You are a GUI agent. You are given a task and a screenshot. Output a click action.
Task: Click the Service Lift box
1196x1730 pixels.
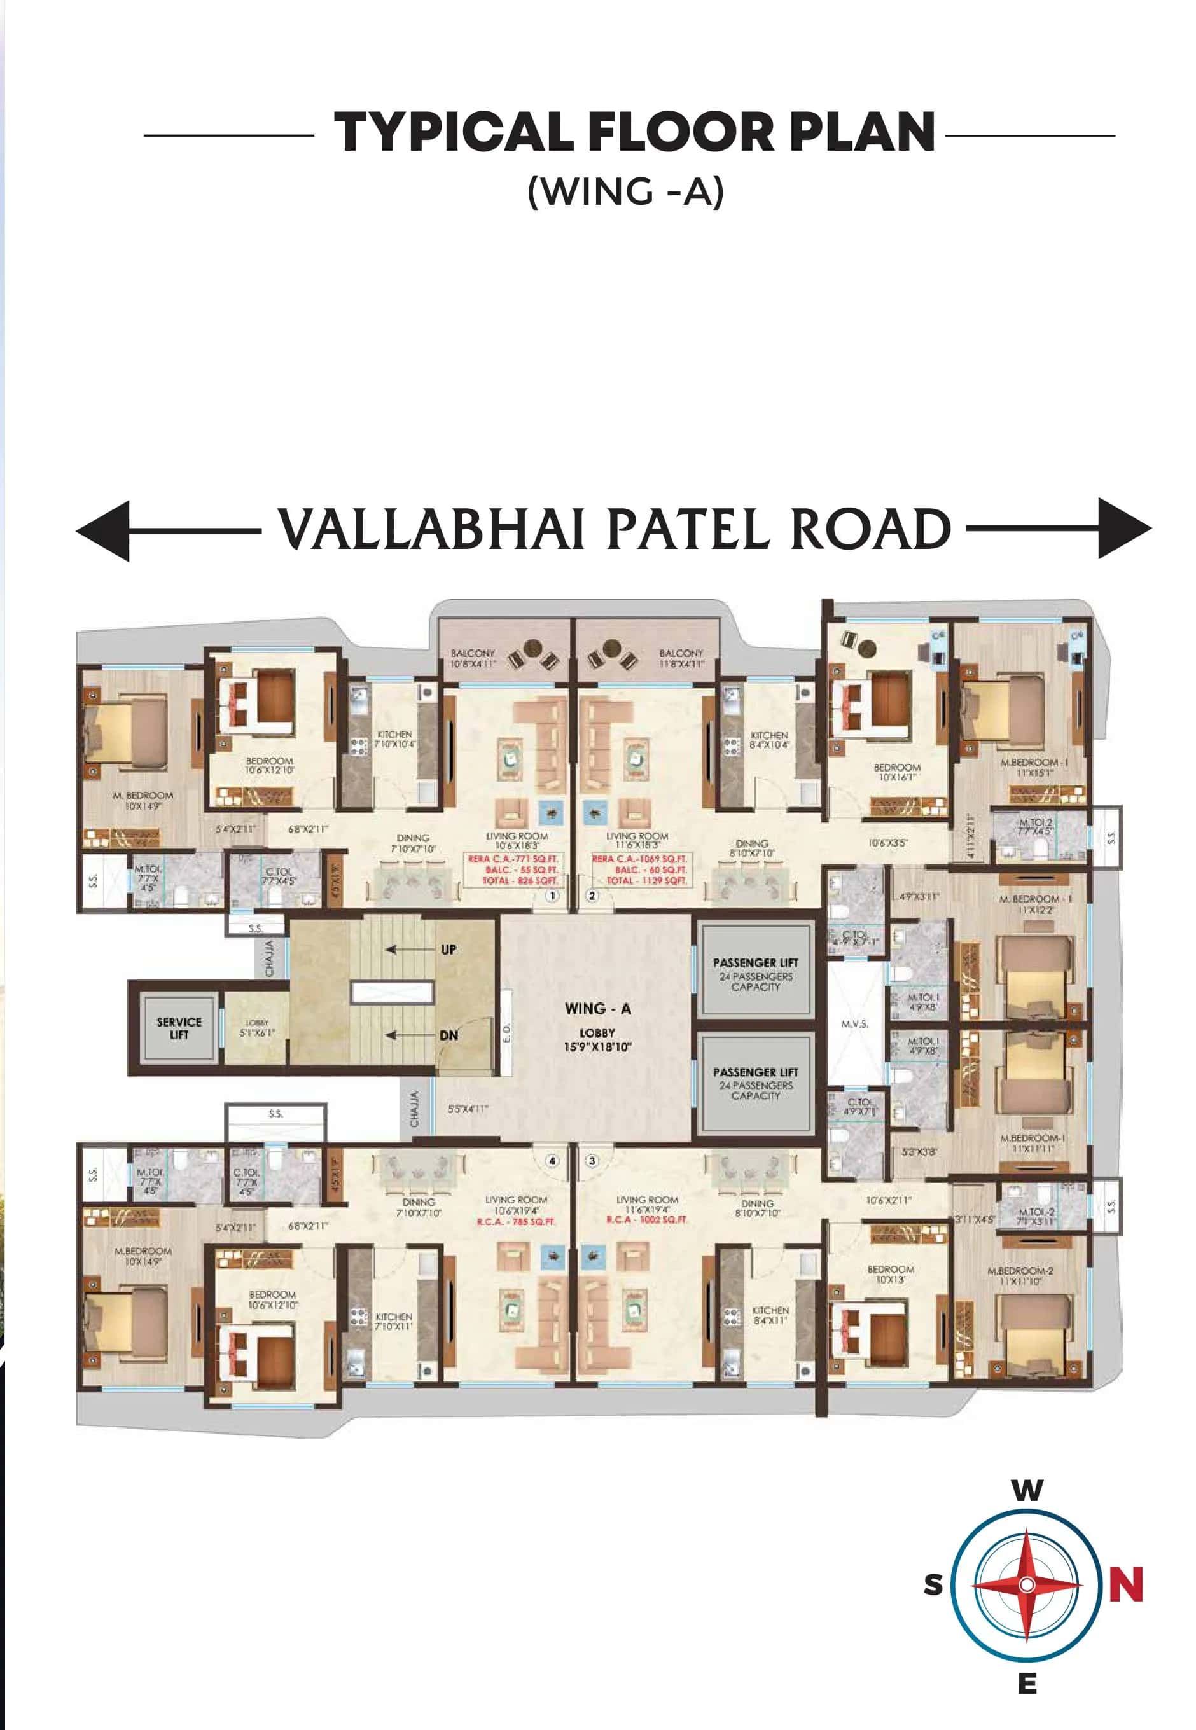(179, 1028)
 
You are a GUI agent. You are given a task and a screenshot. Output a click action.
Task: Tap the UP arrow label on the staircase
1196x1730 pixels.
(448, 950)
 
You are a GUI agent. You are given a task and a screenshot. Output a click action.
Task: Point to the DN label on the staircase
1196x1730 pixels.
(448, 1035)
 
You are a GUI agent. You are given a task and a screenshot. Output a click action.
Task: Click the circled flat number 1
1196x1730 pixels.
(552, 896)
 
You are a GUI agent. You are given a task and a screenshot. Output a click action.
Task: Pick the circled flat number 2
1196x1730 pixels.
(592, 896)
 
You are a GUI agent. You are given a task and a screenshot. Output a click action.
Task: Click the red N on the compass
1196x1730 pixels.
(1125, 1584)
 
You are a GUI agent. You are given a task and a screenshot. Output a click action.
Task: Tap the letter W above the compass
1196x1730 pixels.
(1027, 1490)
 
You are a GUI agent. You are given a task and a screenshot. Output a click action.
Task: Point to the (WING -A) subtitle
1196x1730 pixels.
(626, 192)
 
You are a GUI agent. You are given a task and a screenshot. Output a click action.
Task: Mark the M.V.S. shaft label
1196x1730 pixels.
(854, 1023)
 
